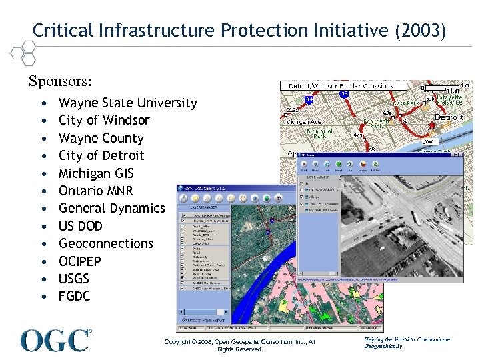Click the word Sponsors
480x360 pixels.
point(60,81)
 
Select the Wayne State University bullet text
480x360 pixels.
point(127,103)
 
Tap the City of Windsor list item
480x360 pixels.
point(104,120)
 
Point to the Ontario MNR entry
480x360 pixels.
point(96,191)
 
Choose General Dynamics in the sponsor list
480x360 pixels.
point(111,208)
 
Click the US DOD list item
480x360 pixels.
point(81,226)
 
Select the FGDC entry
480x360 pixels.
point(74,296)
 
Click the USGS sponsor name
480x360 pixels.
point(74,279)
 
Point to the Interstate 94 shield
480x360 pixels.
point(309,99)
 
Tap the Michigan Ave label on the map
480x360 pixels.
point(303,122)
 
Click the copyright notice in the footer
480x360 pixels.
point(239,345)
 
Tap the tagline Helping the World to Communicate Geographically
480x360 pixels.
point(407,343)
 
